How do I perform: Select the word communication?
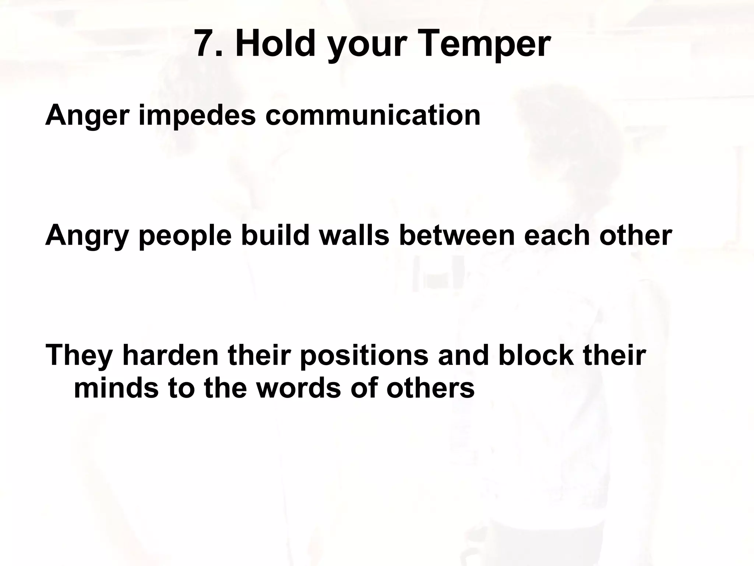pos(373,115)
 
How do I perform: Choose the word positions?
pos(364,357)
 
